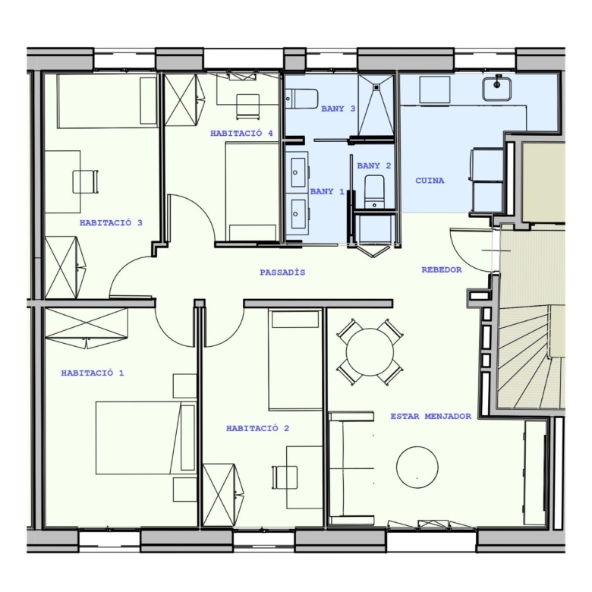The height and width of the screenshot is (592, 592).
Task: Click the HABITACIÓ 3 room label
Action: pos(111,222)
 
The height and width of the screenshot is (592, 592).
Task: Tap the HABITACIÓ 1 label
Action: pos(93,373)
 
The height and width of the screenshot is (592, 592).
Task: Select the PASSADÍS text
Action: pos(282,272)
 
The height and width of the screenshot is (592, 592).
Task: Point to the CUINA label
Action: pos(430,181)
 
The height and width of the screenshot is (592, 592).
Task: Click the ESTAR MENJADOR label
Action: pos(431,416)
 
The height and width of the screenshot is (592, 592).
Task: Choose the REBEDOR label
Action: pos(442,269)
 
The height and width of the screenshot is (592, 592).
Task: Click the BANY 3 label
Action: pos(339,109)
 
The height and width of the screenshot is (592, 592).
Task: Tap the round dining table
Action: pos(370,352)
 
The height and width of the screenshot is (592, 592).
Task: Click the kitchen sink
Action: pos(496,88)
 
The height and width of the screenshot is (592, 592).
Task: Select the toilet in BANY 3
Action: pos(301,99)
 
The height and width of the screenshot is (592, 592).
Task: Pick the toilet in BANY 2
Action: pos(374,191)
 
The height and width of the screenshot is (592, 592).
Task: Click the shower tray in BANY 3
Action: pos(376,105)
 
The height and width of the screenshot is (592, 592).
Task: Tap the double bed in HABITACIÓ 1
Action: pos(146,438)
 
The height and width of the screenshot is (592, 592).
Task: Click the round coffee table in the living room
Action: pos(417,467)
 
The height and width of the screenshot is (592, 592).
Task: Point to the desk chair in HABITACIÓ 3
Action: pos(86,181)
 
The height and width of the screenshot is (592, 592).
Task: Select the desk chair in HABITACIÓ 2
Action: pos(285,477)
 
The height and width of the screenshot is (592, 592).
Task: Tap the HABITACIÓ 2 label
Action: pos(257,428)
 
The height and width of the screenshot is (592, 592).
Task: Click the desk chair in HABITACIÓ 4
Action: pos(247,105)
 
